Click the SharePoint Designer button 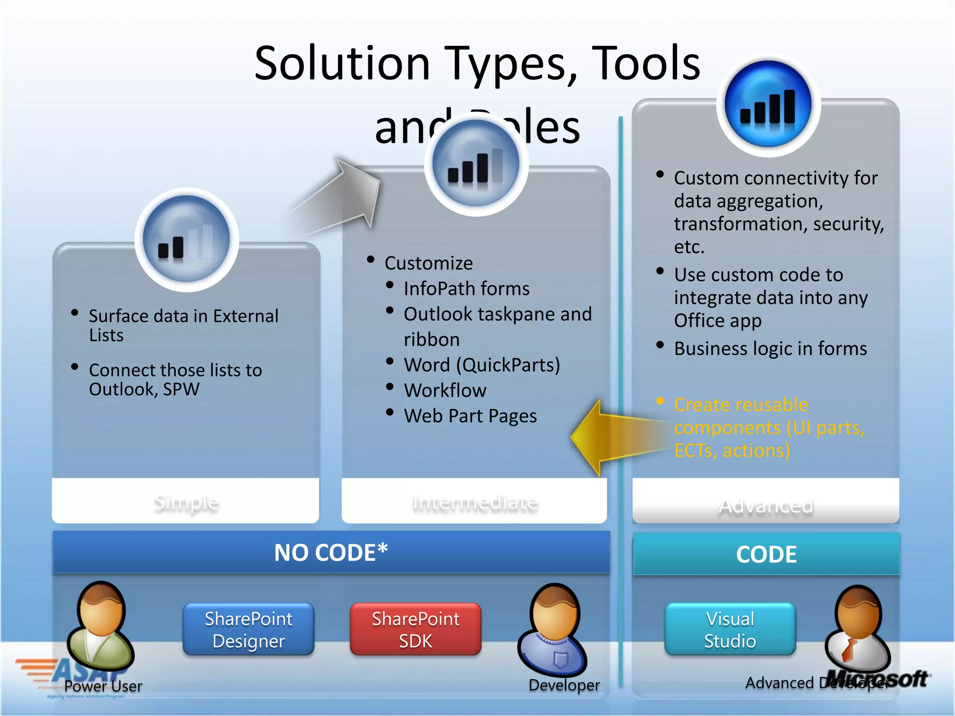[249, 629]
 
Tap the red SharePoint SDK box [415, 629]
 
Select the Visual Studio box [730, 629]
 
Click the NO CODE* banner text [331, 553]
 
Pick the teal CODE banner [766, 554]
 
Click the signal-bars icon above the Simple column [187, 240]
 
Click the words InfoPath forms [466, 289]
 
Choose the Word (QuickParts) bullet [482, 365]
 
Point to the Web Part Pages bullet [470, 416]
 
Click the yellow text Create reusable [740, 405]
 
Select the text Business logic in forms [770, 349]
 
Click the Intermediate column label [475, 503]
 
